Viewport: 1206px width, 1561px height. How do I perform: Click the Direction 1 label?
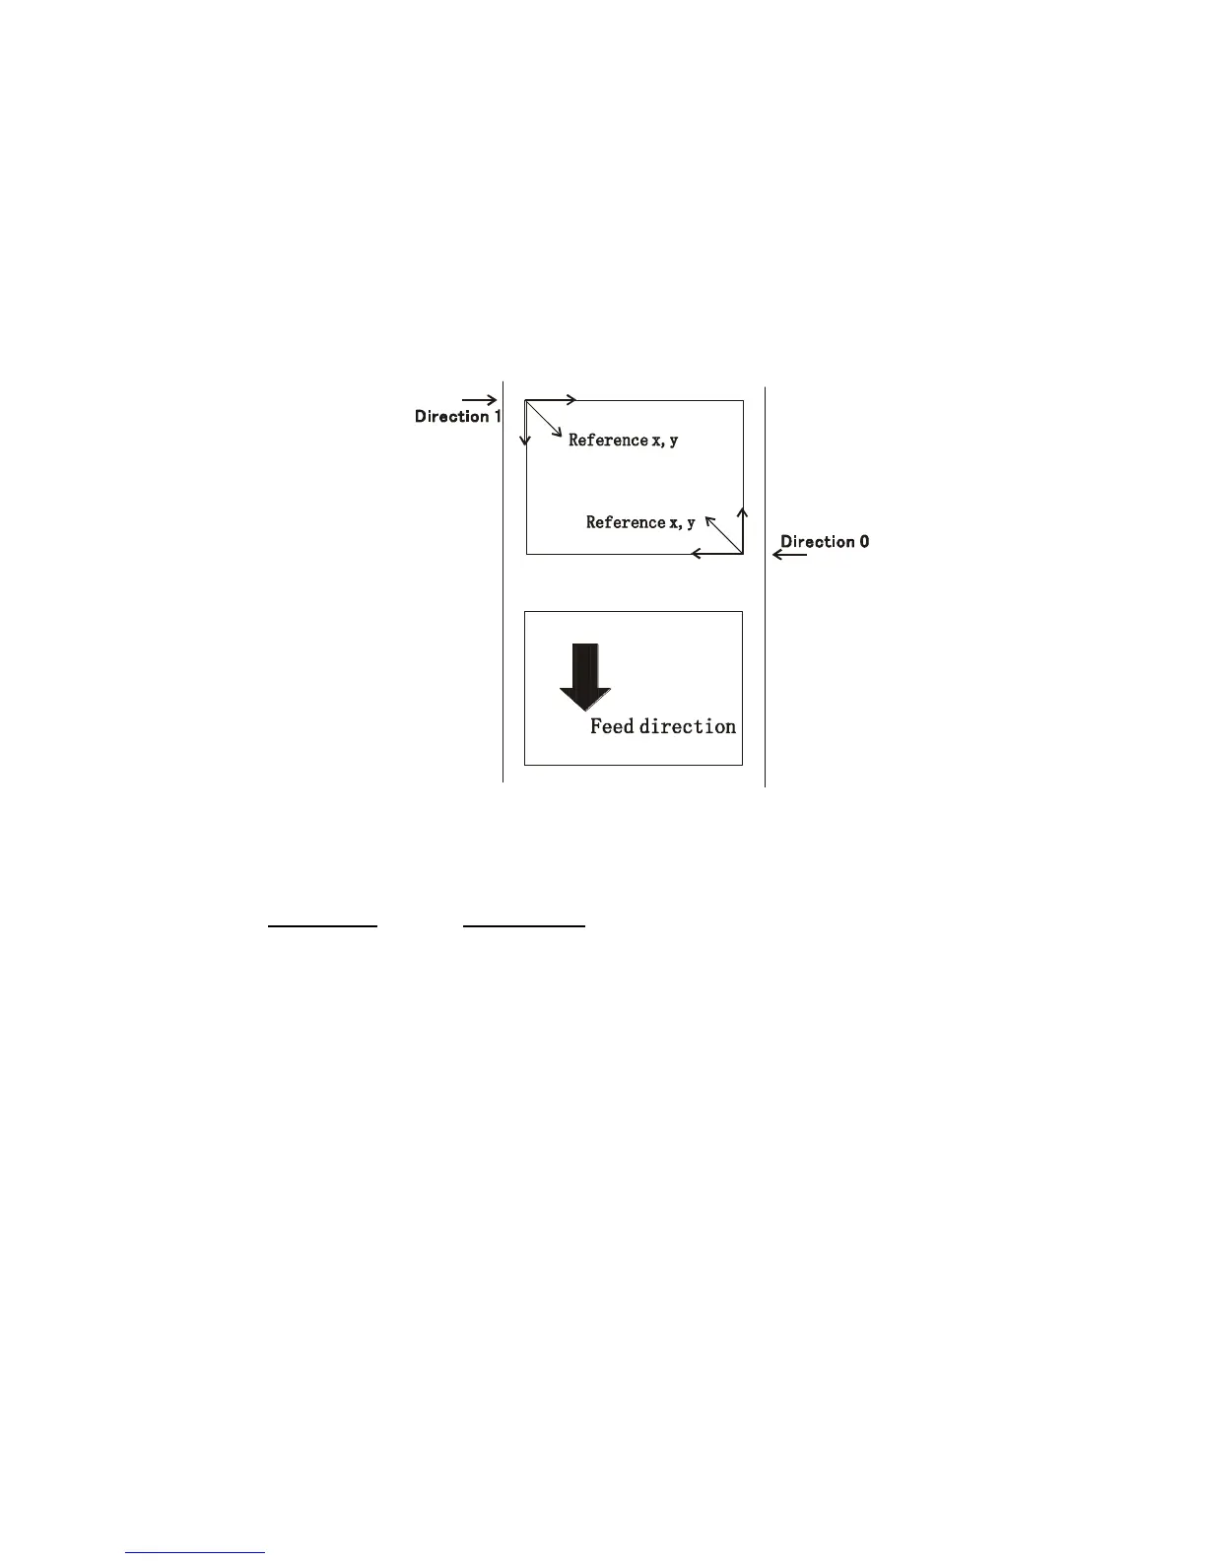(x=457, y=417)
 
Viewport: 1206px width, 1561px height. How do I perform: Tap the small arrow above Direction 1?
(x=479, y=400)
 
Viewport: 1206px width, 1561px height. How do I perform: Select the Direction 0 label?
(x=825, y=541)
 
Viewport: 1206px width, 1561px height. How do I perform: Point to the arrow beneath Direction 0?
(x=789, y=555)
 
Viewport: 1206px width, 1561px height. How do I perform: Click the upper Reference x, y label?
(x=623, y=441)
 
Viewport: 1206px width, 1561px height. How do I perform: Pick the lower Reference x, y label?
(x=640, y=522)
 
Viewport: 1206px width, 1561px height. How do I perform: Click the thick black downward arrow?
(x=585, y=677)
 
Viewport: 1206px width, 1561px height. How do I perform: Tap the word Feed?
(x=612, y=726)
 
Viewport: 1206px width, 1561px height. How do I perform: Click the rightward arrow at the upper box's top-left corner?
(x=552, y=400)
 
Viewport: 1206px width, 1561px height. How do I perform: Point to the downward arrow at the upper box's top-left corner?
(x=525, y=424)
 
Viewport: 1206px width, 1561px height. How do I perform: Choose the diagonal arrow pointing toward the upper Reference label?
(x=544, y=419)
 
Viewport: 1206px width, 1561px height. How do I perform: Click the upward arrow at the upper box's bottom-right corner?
(x=743, y=529)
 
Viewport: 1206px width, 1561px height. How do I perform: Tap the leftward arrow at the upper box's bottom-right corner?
(x=716, y=554)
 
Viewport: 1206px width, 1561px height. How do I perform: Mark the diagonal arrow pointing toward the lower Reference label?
(x=723, y=533)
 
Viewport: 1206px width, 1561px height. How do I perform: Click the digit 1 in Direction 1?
(x=497, y=417)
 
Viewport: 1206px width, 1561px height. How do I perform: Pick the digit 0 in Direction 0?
(x=864, y=541)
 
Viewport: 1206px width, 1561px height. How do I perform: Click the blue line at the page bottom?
(x=195, y=1553)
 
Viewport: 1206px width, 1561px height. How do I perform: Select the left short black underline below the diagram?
(x=323, y=926)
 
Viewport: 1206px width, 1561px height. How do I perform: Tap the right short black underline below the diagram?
(x=524, y=926)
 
